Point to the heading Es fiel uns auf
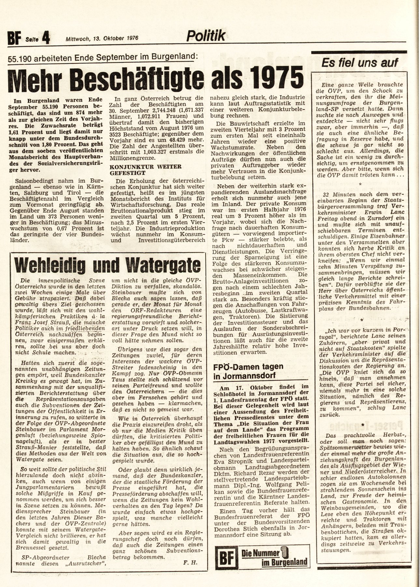tap(359, 63)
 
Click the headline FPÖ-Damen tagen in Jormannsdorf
tap(248, 371)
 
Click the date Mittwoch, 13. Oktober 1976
tap(102, 38)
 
